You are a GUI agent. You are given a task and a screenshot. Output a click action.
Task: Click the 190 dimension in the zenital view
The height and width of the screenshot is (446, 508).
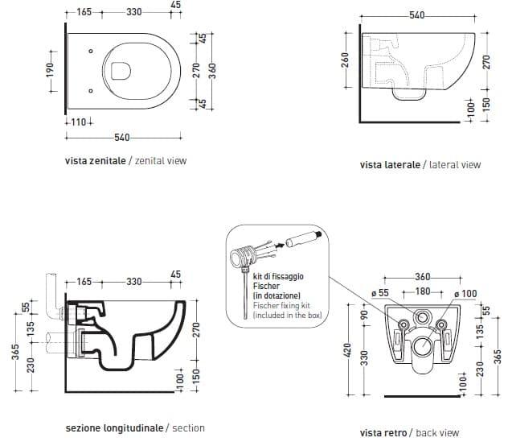[50, 70]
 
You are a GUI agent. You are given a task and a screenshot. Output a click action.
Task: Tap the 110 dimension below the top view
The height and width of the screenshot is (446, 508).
[79, 122]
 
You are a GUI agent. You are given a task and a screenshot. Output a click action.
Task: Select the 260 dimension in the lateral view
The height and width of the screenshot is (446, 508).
[346, 60]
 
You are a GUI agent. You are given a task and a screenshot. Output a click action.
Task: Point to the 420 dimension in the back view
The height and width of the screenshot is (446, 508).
[347, 350]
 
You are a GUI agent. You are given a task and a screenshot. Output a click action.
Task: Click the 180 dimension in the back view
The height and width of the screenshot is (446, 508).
[423, 291]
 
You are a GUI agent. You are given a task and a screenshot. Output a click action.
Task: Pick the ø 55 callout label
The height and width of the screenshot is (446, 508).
[380, 293]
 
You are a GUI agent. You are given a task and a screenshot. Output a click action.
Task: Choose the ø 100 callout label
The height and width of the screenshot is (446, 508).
[465, 294]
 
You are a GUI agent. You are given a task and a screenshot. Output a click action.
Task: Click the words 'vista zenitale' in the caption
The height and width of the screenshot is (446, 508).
[95, 161]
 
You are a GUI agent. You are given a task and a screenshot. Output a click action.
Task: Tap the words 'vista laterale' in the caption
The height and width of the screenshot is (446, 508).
[390, 164]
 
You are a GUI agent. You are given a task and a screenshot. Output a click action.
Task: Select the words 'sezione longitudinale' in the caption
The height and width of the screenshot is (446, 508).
[114, 427]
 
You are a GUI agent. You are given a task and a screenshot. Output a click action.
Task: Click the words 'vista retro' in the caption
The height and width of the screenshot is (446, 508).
[383, 432]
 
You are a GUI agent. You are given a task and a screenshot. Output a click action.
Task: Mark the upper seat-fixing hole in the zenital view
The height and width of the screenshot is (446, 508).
[91, 51]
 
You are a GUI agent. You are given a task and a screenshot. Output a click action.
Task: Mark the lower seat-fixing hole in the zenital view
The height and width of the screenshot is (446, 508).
[91, 90]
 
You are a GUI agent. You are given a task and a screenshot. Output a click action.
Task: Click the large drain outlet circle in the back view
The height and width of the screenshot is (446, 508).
[423, 346]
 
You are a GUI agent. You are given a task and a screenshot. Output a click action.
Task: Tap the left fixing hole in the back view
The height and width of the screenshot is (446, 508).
[404, 324]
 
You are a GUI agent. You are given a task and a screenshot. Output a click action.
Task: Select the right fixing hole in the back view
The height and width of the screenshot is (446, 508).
[441, 324]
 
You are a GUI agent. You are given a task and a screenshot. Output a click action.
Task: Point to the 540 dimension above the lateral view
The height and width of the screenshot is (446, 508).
[417, 15]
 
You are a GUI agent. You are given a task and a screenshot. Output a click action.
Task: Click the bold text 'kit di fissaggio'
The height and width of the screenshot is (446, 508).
[278, 277]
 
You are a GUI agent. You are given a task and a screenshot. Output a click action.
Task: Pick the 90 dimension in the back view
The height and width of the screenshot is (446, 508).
[364, 314]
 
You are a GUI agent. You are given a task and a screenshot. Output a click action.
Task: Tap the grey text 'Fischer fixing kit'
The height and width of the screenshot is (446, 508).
[281, 305]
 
